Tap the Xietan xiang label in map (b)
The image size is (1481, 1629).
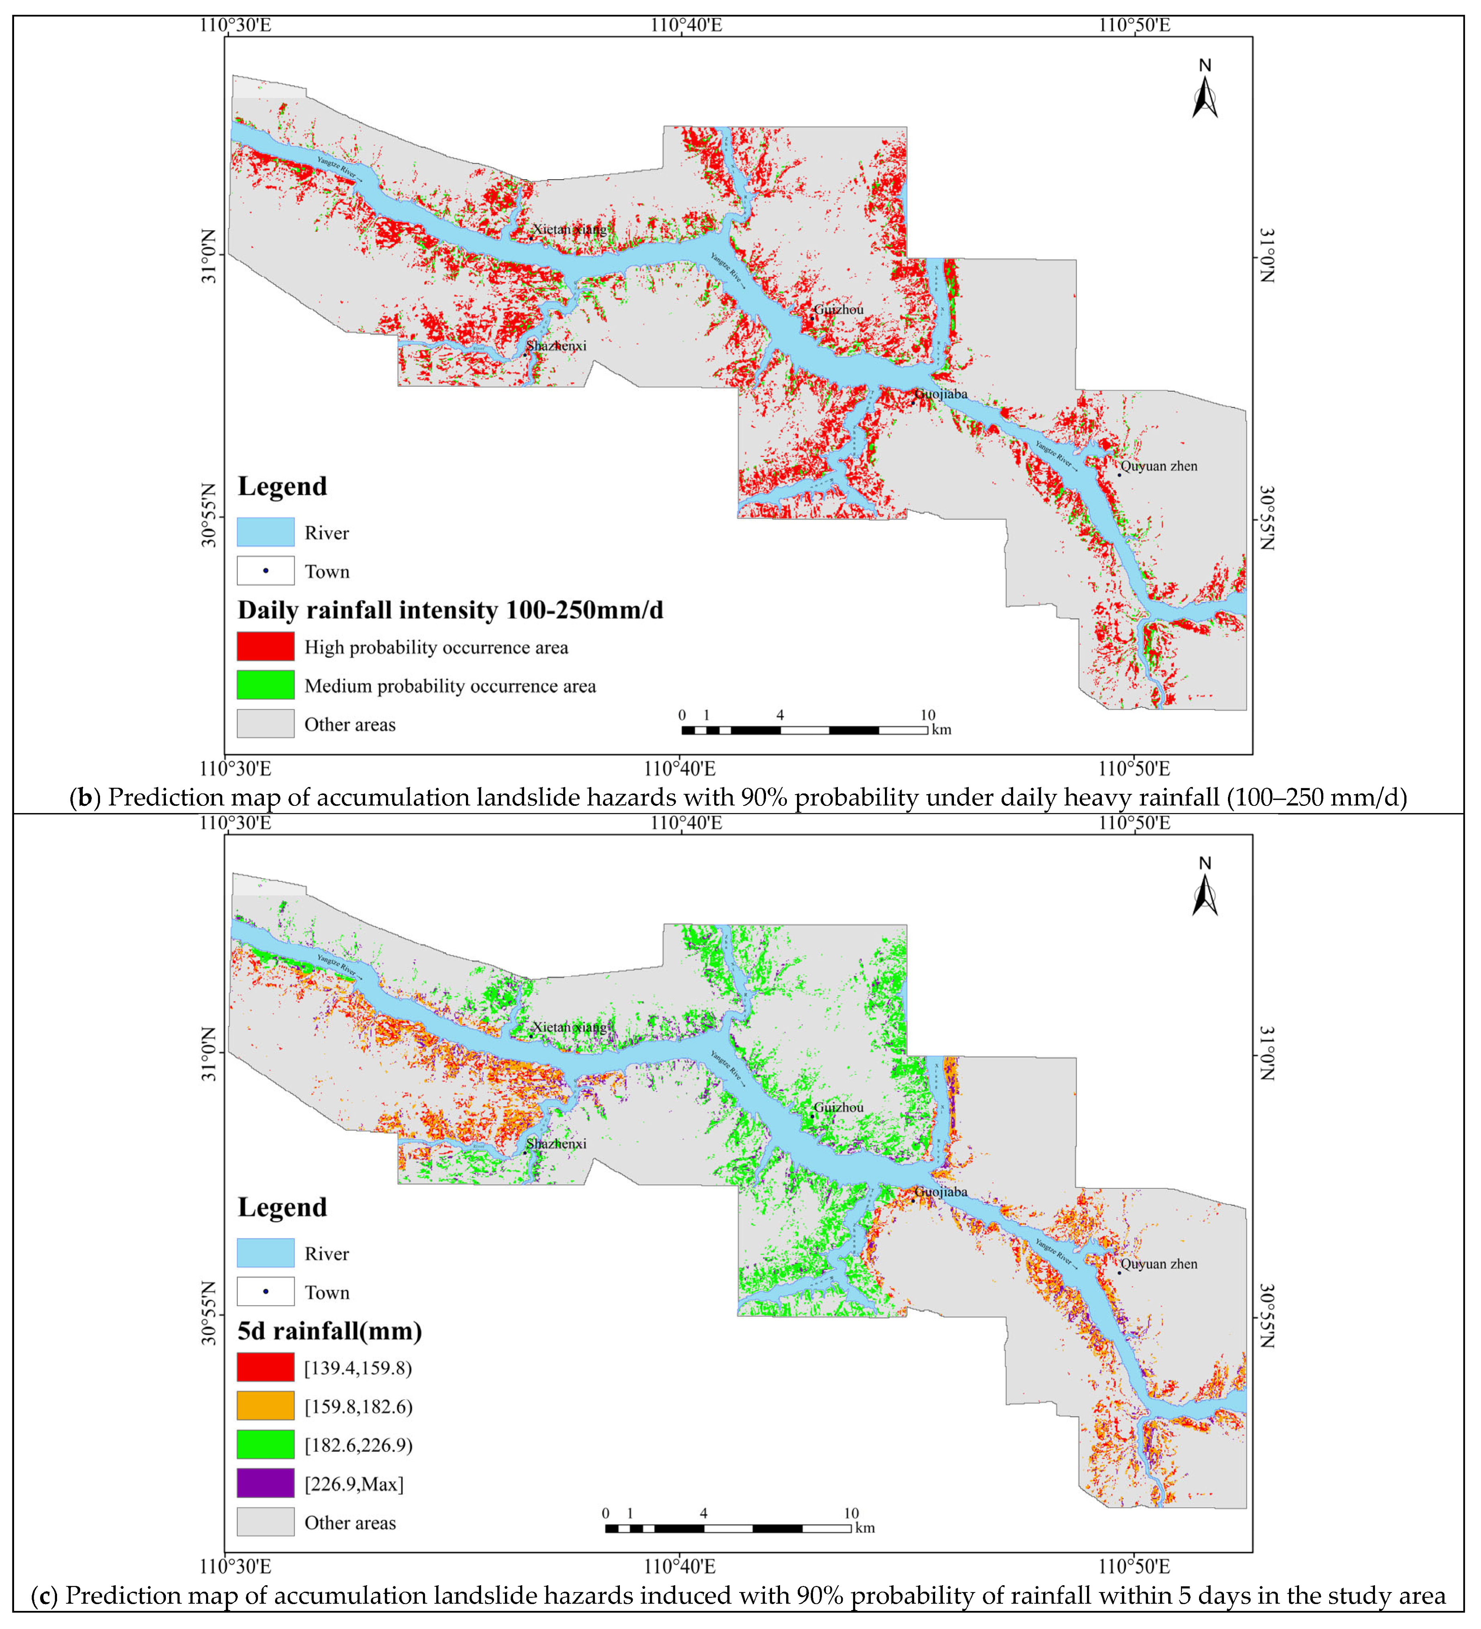click(569, 229)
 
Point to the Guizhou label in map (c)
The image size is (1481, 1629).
click(839, 1108)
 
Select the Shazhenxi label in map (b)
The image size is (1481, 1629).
click(556, 346)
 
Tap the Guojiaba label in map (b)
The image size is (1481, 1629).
click(941, 394)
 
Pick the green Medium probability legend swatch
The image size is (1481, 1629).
click(265, 685)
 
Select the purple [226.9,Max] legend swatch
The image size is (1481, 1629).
click(265, 1484)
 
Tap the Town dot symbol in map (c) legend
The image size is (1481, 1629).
click(265, 1292)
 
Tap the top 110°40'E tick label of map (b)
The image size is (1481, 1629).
click(686, 25)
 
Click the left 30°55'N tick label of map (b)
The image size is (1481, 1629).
click(209, 515)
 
